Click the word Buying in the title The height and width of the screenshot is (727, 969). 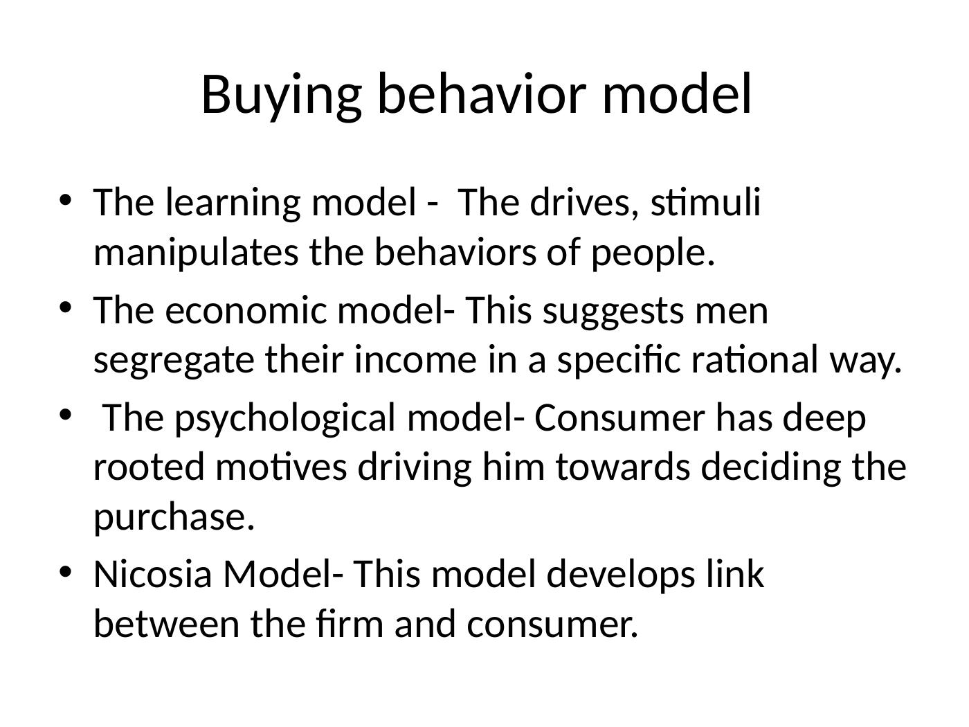pyautogui.click(x=282, y=96)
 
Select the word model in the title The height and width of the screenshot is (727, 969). pyautogui.click(x=677, y=93)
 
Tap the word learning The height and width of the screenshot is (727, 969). pyautogui.click(x=233, y=204)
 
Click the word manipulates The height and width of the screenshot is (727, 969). pyautogui.click(x=196, y=253)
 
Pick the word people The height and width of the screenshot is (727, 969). pyautogui.click(x=653, y=253)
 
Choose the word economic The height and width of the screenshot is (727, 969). pyautogui.click(x=246, y=311)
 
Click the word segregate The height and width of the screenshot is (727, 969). pyautogui.click(x=174, y=361)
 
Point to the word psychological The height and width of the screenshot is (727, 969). pyautogui.click(x=285, y=419)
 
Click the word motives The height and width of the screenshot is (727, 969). pyautogui.click(x=281, y=468)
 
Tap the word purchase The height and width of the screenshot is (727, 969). pyautogui.click(x=174, y=518)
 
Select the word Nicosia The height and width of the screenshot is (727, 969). pyautogui.click(x=153, y=575)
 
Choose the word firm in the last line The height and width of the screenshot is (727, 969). pyautogui.click(x=350, y=623)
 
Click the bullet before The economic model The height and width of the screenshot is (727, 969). pyautogui.click(x=65, y=308)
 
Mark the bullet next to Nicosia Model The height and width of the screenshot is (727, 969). pyautogui.click(x=65, y=573)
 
